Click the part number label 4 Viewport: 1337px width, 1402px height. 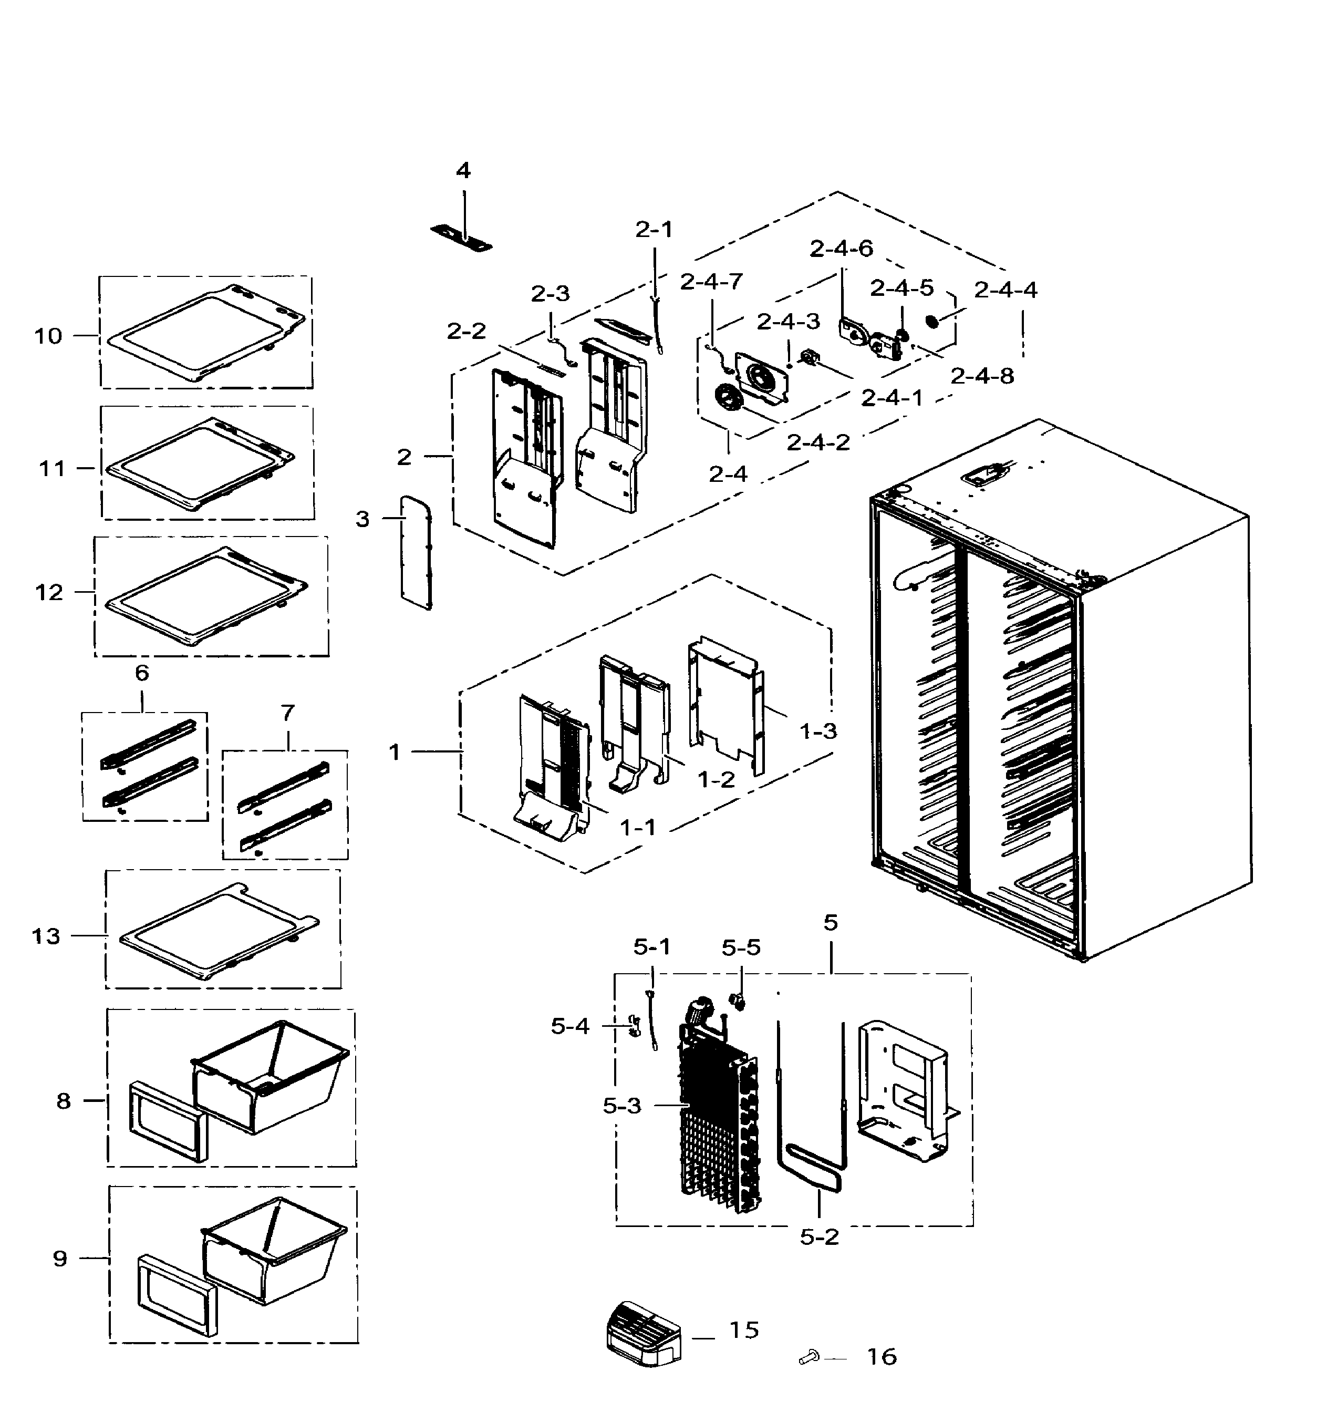pyautogui.click(x=463, y=171)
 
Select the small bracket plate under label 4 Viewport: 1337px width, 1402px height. pyautogui.click(x=462, y=238)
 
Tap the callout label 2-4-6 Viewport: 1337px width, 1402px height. pyautogui.click(x=841, y=249)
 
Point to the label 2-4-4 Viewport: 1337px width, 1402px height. pyautogui.click(x=1006, y=290)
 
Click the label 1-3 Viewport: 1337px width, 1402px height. pyautogui.click(x=818, y=731)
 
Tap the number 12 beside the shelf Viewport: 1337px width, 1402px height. pyautogui.click(x=49, y=592)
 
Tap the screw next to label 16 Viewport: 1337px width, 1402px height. pyautogui.click(x=809, y=1358)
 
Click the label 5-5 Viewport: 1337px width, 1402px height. pyautogui.click(x=741, y=948)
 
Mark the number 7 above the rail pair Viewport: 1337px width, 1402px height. pyautogui.click(x=287, y=713)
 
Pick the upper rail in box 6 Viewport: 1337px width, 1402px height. pyautogui.click(x=148, y=744)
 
